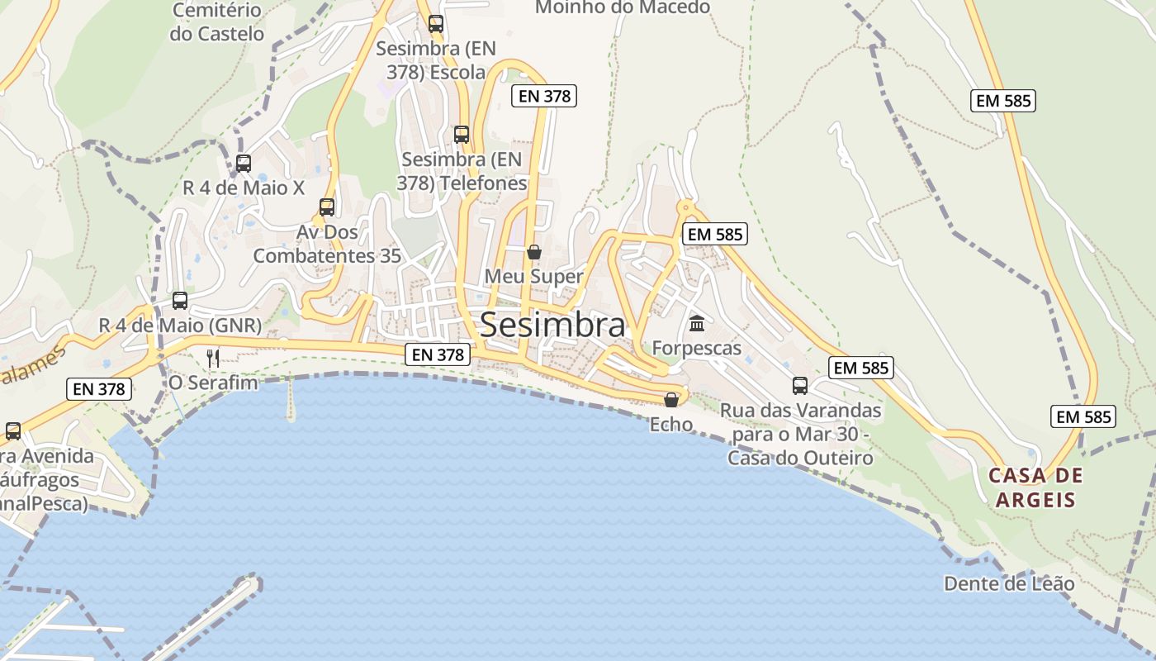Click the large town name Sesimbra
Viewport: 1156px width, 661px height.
point(552,325)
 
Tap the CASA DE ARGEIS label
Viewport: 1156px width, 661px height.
point(1035,487)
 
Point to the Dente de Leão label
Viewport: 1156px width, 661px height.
point(1009,584)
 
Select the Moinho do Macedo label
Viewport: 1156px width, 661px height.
point(623,7)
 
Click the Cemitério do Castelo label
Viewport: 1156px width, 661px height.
point(217,22)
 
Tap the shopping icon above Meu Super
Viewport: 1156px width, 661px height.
point(534,252)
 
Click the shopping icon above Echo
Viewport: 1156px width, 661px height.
point(671,400)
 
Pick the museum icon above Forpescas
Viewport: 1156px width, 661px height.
point(697,323)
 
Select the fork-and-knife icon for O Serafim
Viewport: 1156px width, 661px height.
point(213,358)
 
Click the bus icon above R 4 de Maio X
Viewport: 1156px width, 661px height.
point(243,164)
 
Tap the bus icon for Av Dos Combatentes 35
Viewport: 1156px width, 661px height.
point(327,207)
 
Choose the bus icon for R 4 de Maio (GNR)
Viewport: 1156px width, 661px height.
point(180,301)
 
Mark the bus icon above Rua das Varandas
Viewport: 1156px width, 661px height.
point(799,386)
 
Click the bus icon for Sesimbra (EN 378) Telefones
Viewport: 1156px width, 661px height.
point(462,134)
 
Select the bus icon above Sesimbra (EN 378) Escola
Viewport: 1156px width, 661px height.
point(436,24)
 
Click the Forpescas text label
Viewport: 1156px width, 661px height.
point(697,348)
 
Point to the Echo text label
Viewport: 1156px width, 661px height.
point(670,425)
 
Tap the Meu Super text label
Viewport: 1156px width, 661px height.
point(534,277)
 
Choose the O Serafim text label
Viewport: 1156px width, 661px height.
point(213,383)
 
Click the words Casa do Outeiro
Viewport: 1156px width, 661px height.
point(800,458)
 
